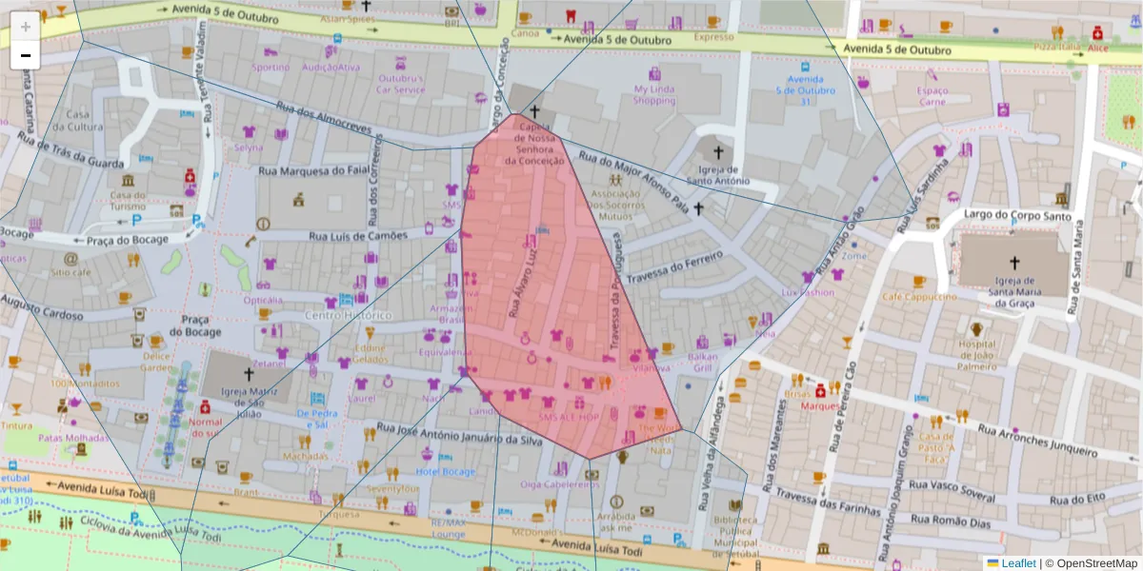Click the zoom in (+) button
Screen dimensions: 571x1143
[26, 27]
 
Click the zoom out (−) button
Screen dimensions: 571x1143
[26, 55]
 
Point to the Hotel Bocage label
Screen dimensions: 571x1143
[446, 472]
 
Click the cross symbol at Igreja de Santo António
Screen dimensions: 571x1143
[717, 151]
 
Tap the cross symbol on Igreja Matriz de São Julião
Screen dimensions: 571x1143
[250, 374]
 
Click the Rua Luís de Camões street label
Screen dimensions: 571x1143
[358, 235]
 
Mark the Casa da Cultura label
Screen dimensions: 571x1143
[84, 120]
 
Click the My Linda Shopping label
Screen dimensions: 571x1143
[654, 95]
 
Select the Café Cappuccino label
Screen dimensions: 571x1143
[919, 297]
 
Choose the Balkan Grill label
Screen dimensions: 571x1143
[702, 363]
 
